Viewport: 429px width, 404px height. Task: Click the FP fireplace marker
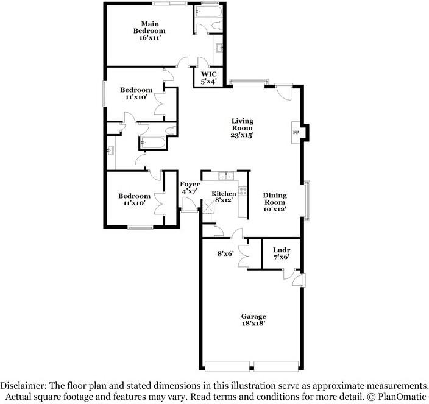pyautogui.click(x=296, y=132)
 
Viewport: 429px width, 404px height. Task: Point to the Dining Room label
pyautogui.click(x=274, y=202)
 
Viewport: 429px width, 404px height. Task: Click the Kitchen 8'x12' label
pyautogui.click(x=224, y=197)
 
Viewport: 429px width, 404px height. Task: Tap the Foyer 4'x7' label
pyautogui.click(x=190, y=188)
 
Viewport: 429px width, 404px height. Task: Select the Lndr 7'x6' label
pyautogui.click(x=281, y=253)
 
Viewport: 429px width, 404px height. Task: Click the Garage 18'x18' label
pyautogui.click(x=253, y=320)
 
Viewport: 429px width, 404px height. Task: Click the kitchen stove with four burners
pyautogui.click(x=243, y=191)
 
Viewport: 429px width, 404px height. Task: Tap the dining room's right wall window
pyautogui.click(x=308, y=200)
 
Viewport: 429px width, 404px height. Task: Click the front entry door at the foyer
pyautogui.click(x=189, y=211)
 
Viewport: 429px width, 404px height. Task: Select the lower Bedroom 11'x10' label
pyautogui.click(x=135, y=199)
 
